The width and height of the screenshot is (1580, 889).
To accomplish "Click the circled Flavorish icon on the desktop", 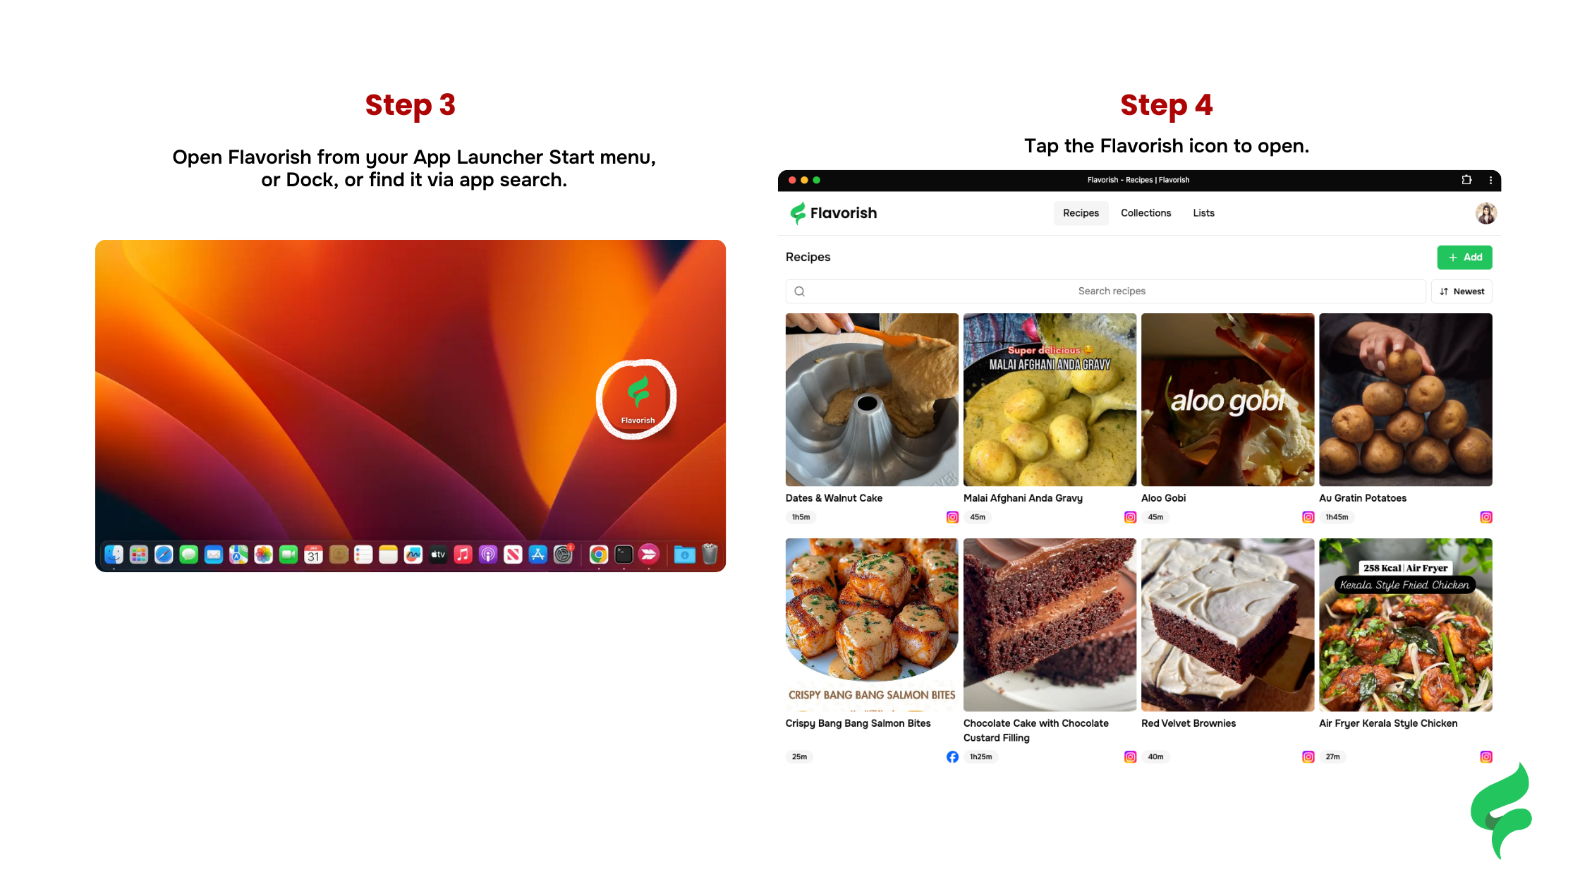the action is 638,399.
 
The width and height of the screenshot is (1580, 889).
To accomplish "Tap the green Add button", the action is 1464,258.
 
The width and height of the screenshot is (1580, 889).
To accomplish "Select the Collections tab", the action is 1145,213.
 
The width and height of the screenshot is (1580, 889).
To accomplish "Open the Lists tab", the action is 1203,213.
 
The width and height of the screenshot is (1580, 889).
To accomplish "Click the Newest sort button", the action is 1461,291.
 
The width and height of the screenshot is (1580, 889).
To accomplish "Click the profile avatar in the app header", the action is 1485,213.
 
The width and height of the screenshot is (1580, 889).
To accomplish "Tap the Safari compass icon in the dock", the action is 164,555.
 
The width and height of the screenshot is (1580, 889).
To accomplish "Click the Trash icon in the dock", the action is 710,555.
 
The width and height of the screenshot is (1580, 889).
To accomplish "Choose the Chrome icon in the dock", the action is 599,555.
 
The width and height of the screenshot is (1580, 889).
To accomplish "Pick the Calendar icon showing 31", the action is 313,555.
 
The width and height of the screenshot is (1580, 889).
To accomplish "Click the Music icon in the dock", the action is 463,555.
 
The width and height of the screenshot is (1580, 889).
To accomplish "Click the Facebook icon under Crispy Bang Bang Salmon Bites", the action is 952,757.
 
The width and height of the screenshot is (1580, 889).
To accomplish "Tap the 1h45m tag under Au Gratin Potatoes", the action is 1337,517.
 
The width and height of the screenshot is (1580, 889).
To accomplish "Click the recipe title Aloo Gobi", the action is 1163,498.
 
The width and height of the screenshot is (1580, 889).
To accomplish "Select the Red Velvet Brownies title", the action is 1189,723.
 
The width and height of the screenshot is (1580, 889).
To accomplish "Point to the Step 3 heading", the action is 411,105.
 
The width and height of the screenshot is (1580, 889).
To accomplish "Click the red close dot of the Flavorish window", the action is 792,181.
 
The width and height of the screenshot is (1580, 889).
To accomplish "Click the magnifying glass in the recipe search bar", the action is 800,291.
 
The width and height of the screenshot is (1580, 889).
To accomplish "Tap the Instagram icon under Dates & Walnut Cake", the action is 952,517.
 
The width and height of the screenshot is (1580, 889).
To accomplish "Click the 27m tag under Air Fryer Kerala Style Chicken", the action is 1332,757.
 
